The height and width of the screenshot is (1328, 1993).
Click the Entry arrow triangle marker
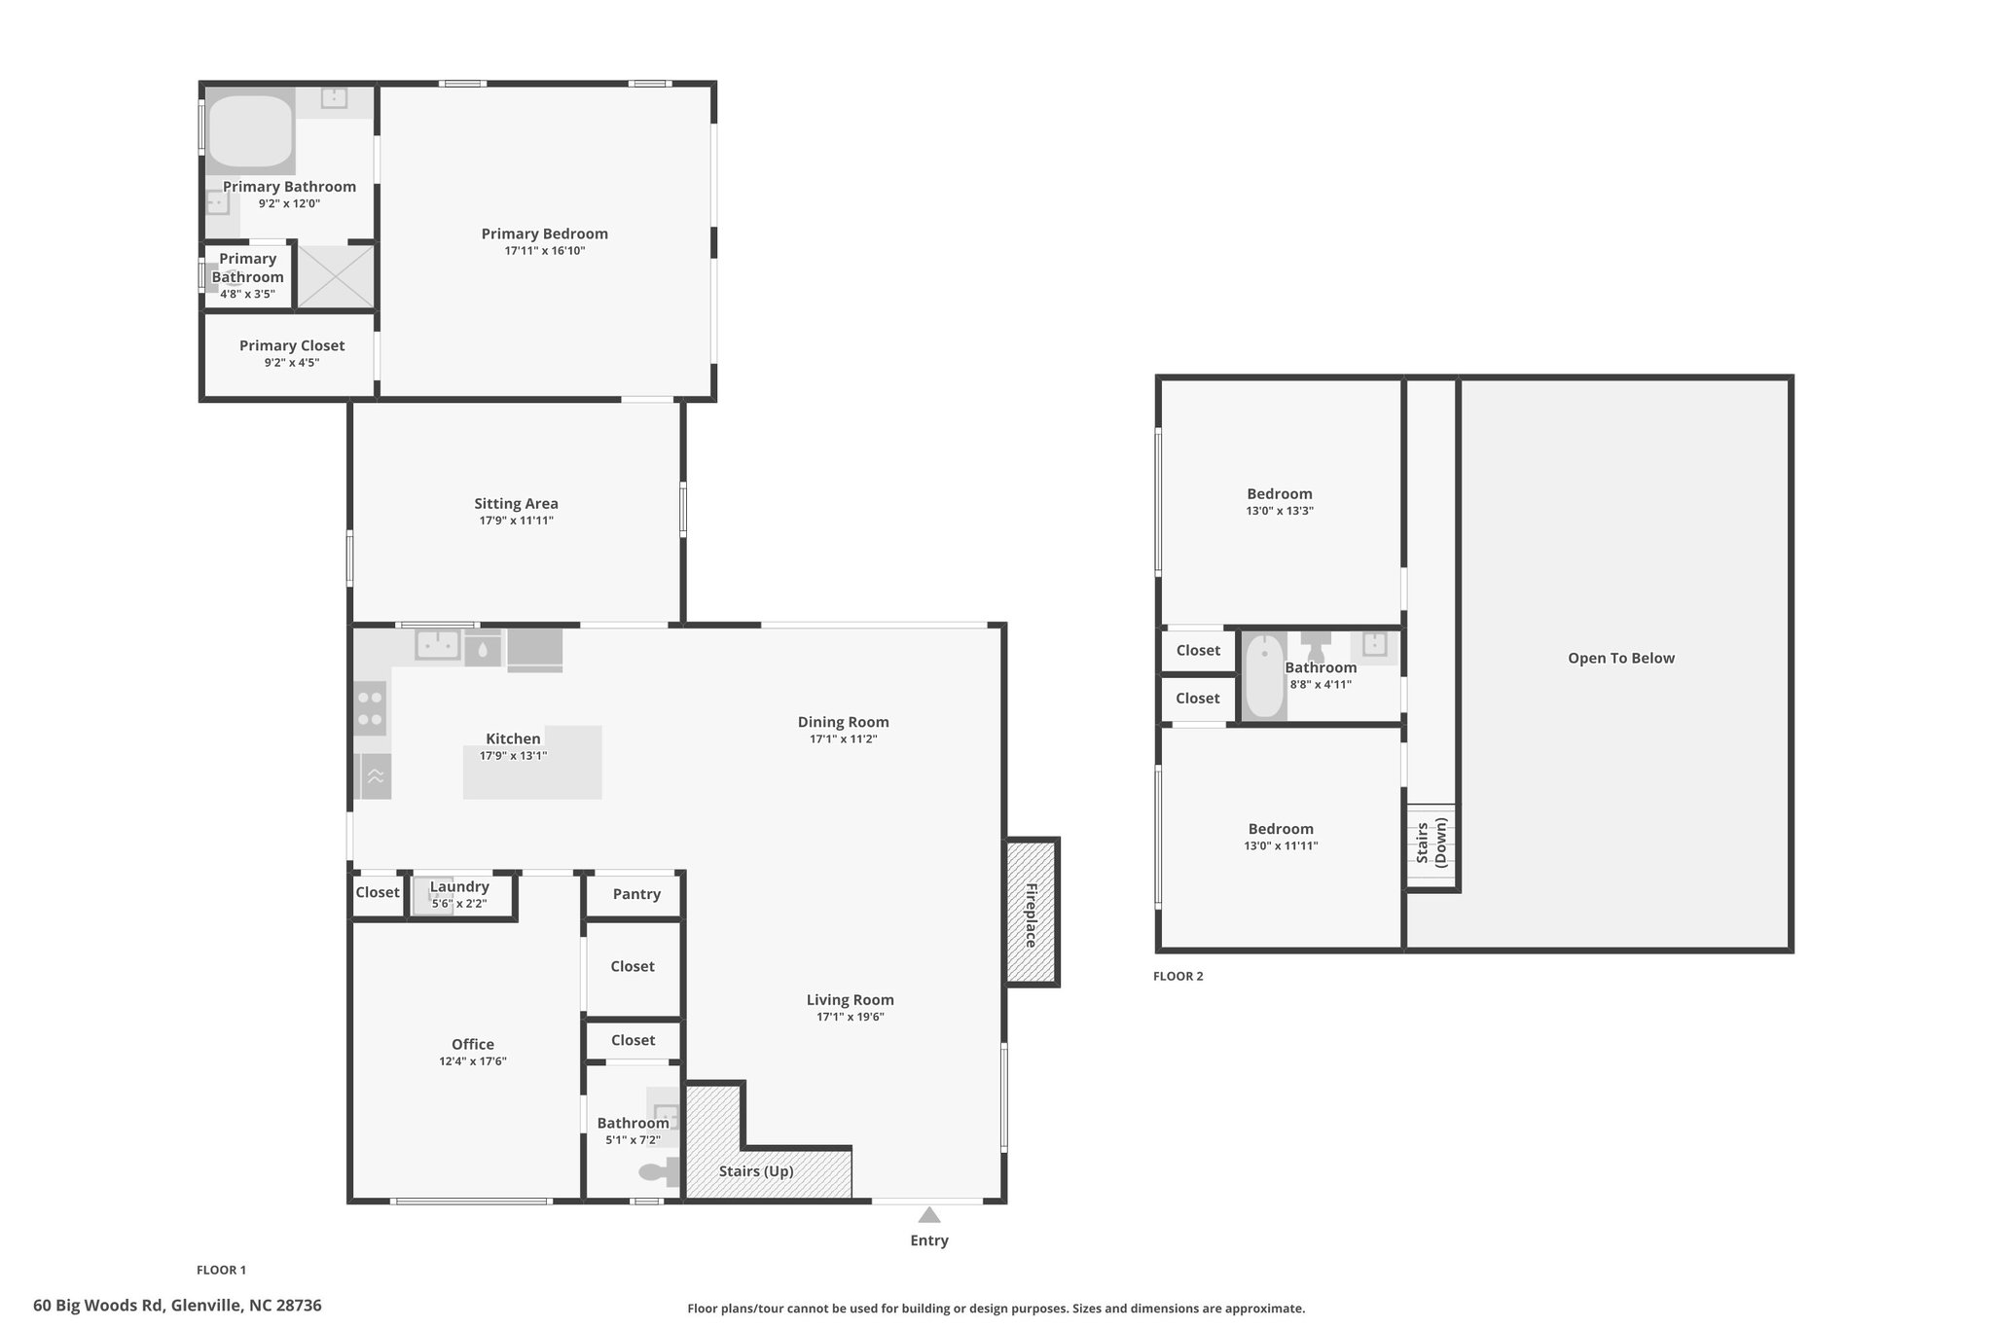click(929, 1214)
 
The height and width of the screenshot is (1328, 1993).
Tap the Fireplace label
click(1031, 915)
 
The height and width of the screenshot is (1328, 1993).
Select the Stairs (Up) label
click(756, 1171)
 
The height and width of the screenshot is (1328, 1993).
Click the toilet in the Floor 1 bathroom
click(659, 1172)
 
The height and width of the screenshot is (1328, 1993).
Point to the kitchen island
click(532, 763)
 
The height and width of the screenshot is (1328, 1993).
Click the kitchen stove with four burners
click(370, 708)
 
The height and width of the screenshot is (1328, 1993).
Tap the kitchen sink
click(438, 644)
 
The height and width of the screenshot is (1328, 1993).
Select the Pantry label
click(636, 894)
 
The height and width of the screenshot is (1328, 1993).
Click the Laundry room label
click(459, 886)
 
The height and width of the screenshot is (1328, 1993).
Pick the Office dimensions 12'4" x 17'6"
click(473, 1061)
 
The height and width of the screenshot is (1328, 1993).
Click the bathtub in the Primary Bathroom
click(250, 131)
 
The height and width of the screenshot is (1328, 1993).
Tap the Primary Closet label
click(292, 345)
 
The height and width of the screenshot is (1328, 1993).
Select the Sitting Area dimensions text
click(516, 520)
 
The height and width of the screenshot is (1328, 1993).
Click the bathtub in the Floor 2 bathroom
click(1264, 676)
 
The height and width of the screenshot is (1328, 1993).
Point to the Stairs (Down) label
click(1431, 842)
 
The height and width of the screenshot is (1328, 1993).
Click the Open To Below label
click(1621, 658)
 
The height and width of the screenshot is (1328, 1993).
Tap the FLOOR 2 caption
click(1178, 976)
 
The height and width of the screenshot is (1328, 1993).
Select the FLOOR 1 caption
click(222, 1270)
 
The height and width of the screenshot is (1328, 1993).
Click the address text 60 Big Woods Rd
click(98, 1306)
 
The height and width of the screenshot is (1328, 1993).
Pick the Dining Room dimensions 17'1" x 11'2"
click(844, 739)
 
